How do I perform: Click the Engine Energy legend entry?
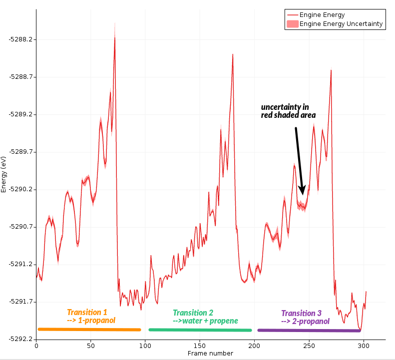tap(322, 15)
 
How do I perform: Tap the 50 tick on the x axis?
tap(91, 345)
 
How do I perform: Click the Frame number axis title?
tap(210, 354)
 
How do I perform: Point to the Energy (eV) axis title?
tap(4, 174)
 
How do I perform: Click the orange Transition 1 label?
tap(91, 316)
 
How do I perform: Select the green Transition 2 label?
tap(205, 317)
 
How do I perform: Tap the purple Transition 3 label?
tap(305, 317)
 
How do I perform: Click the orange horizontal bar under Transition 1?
tap(89, 329)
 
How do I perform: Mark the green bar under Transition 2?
tap(200, 330)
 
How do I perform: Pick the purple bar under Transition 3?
tap(309, 330)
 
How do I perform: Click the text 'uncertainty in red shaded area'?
tap(288, 111)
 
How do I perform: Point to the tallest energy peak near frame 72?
tap(114, 39)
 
